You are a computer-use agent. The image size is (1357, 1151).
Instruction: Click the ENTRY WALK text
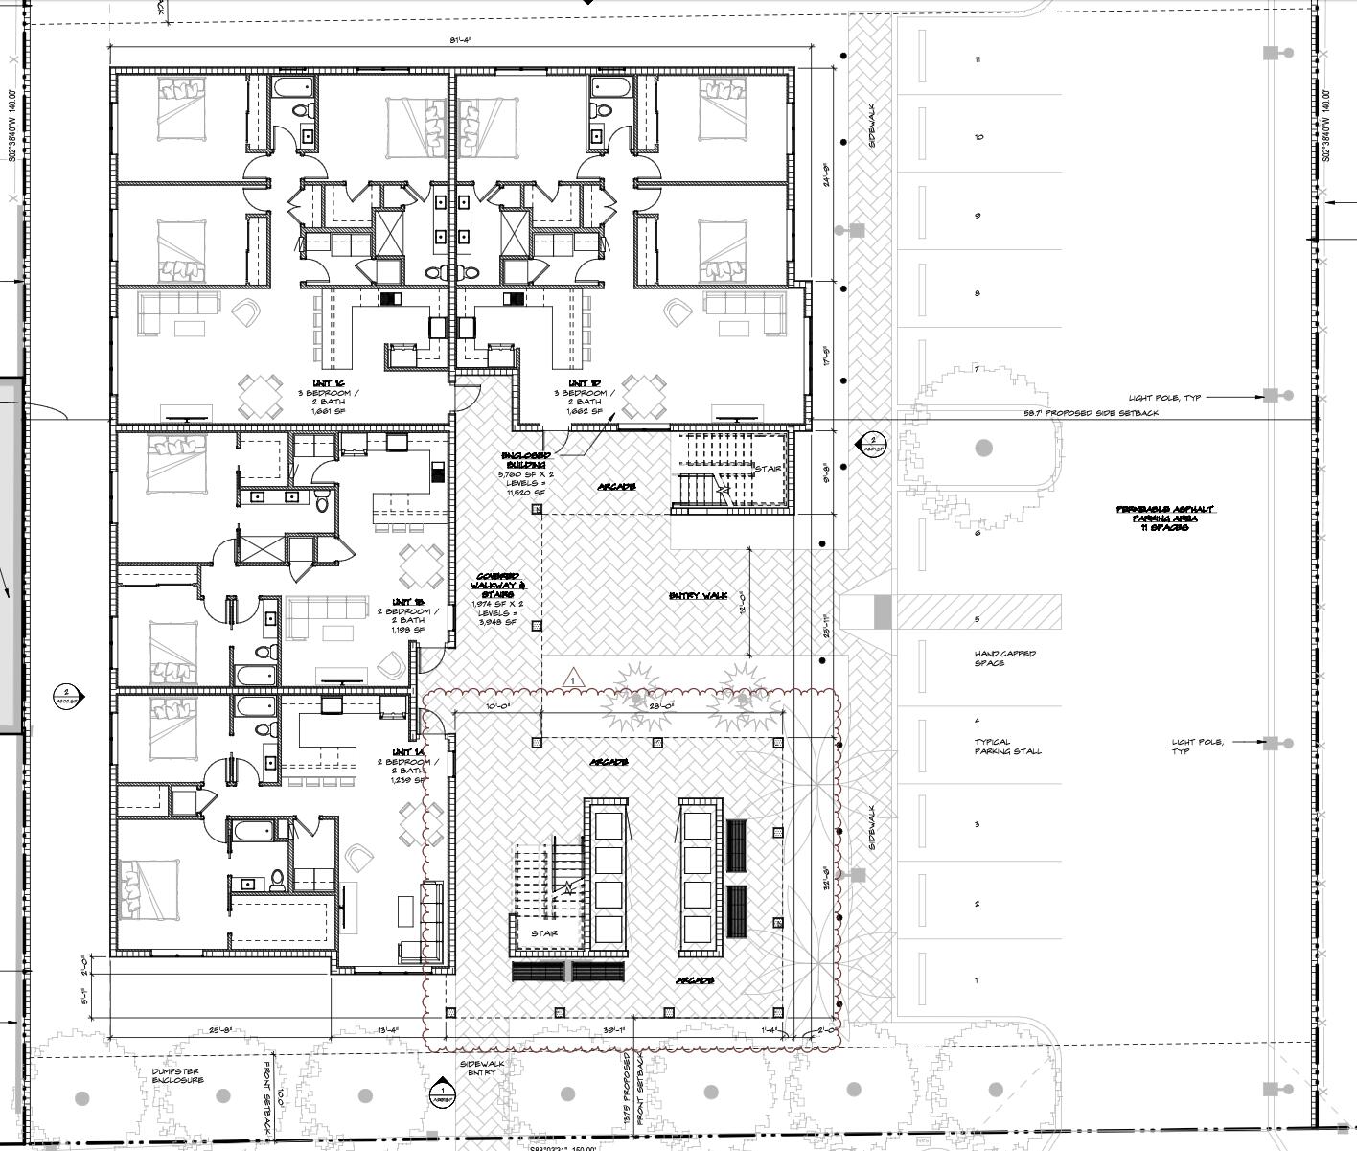pos(698,596)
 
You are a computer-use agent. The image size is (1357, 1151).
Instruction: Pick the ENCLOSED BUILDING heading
pos(523,459)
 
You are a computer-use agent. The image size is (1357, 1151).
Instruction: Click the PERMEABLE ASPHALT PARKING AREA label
pos(1165,514)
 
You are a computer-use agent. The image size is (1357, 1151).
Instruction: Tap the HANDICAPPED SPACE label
pos(1004,658)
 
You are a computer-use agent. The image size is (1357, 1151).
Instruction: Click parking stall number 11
pos(977,59)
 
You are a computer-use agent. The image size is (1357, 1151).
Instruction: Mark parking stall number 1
pos(977,980)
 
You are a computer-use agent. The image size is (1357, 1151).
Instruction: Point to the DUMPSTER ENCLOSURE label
pos(177,1075)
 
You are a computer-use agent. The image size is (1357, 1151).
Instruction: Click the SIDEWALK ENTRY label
pos(481,1068)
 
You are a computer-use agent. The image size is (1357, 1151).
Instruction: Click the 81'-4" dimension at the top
pos(461,40)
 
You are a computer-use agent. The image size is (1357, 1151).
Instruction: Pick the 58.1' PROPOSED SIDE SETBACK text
pos(1091,413)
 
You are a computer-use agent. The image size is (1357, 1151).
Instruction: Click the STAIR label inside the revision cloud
pos(544,933)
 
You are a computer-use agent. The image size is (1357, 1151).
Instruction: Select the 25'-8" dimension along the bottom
pos(220,1031)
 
